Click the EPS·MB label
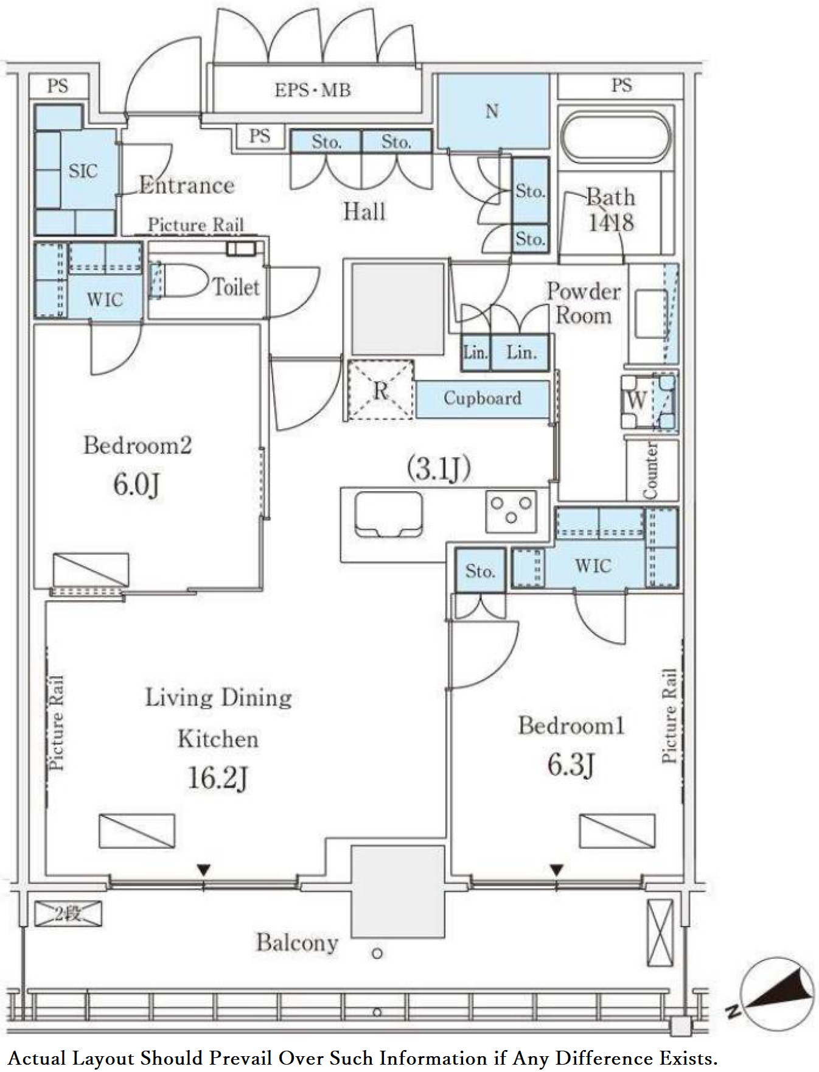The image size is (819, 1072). pyautogui.click(x=312, y=90)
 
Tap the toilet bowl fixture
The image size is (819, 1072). pyautogui.click(x=179, y=281)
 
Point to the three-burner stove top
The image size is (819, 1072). pyautogui.click(x=511, y=510)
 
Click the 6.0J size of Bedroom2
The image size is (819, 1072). pyautogui.click(x=137, y=485)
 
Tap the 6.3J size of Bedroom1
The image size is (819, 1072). pyautogui.click(x=570, y=765)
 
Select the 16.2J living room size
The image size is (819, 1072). pyautogui.click(x=218, y=778)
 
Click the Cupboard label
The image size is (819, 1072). pyautogui.click(x=483, y=398)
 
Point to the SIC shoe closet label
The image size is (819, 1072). pyautogui.click(x=83, y=171)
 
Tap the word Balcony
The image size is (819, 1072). pyautogui.click(x=297, y=943)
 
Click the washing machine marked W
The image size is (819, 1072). pyautogui.click(x=648, y=401)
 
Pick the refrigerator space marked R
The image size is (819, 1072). pyautogui.click(x=381, y=390)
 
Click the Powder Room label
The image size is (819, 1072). pyautogui.click(x=583, y=303)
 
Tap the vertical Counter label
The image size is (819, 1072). pyautogui.click(x=650, y=471)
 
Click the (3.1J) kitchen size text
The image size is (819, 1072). pyautogui.click(x=439, y=468)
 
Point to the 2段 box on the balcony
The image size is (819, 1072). pyautogui.click(x=68, y=914)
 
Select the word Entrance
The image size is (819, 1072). pyautogui.click(x=187, y=185)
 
